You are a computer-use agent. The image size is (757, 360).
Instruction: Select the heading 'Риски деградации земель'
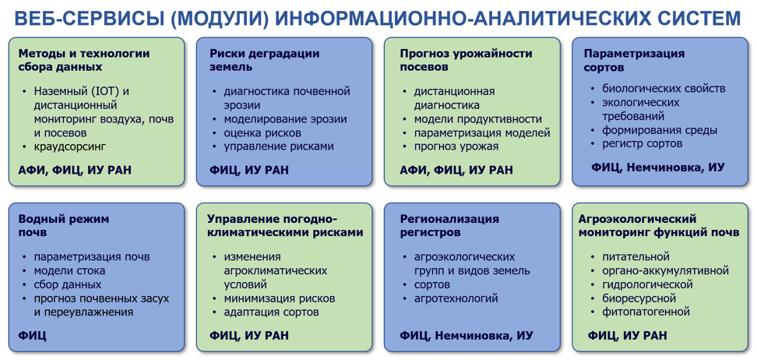[x=265, y=61]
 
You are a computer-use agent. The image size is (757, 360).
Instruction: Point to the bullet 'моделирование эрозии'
[x=285, y=119]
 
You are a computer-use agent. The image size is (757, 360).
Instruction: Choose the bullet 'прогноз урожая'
[x=456, y=146]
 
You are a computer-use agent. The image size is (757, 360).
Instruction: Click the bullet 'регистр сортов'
[x=642, y=143]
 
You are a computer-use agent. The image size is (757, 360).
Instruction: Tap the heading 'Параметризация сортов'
[x=634, y=61]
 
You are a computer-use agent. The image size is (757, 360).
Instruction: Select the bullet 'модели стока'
[x=69, y=270]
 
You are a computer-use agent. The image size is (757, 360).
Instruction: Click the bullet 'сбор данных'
[x=68, y=284]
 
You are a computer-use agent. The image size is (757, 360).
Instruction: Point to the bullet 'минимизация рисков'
[x=280, y=298]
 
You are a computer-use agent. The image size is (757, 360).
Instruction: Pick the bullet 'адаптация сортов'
[x=271, y=312]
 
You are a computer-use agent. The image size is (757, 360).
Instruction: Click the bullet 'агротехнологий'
[x=456, y=298]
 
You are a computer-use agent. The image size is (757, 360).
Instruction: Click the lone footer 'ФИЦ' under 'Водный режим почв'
[x=33, y=335]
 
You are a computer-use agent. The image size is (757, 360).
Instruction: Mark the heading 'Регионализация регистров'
[x=449, y=226]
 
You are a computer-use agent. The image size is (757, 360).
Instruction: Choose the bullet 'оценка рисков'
[x=262, y=132]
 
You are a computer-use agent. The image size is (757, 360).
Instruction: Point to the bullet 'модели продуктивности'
[x=478, y=119]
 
